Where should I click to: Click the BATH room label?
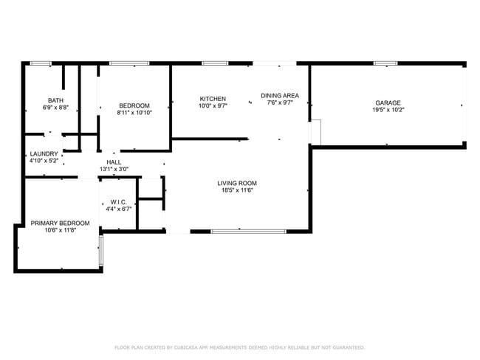click(55, 100)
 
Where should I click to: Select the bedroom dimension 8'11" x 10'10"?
click(134, 113)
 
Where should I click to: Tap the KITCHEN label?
click(213, 99)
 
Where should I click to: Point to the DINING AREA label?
click(280, 95)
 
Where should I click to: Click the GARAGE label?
click(388, 103)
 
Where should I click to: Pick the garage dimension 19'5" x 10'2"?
click(388, 110)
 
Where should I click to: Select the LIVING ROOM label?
click(236, 183)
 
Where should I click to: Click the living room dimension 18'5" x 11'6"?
click(236, 190)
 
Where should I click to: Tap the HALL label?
click(114, 162)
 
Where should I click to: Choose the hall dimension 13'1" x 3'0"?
click(114, 170)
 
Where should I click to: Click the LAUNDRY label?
click(44, 153)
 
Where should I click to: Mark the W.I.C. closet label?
click(119, 201)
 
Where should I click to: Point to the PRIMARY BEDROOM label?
click(60, 223)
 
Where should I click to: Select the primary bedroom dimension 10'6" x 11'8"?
click(60, 230)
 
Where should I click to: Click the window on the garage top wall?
click(385, 63)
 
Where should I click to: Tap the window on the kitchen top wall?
click(214, 63)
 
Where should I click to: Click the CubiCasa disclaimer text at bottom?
click(239, 347)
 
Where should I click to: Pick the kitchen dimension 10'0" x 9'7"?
click(213, 106)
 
